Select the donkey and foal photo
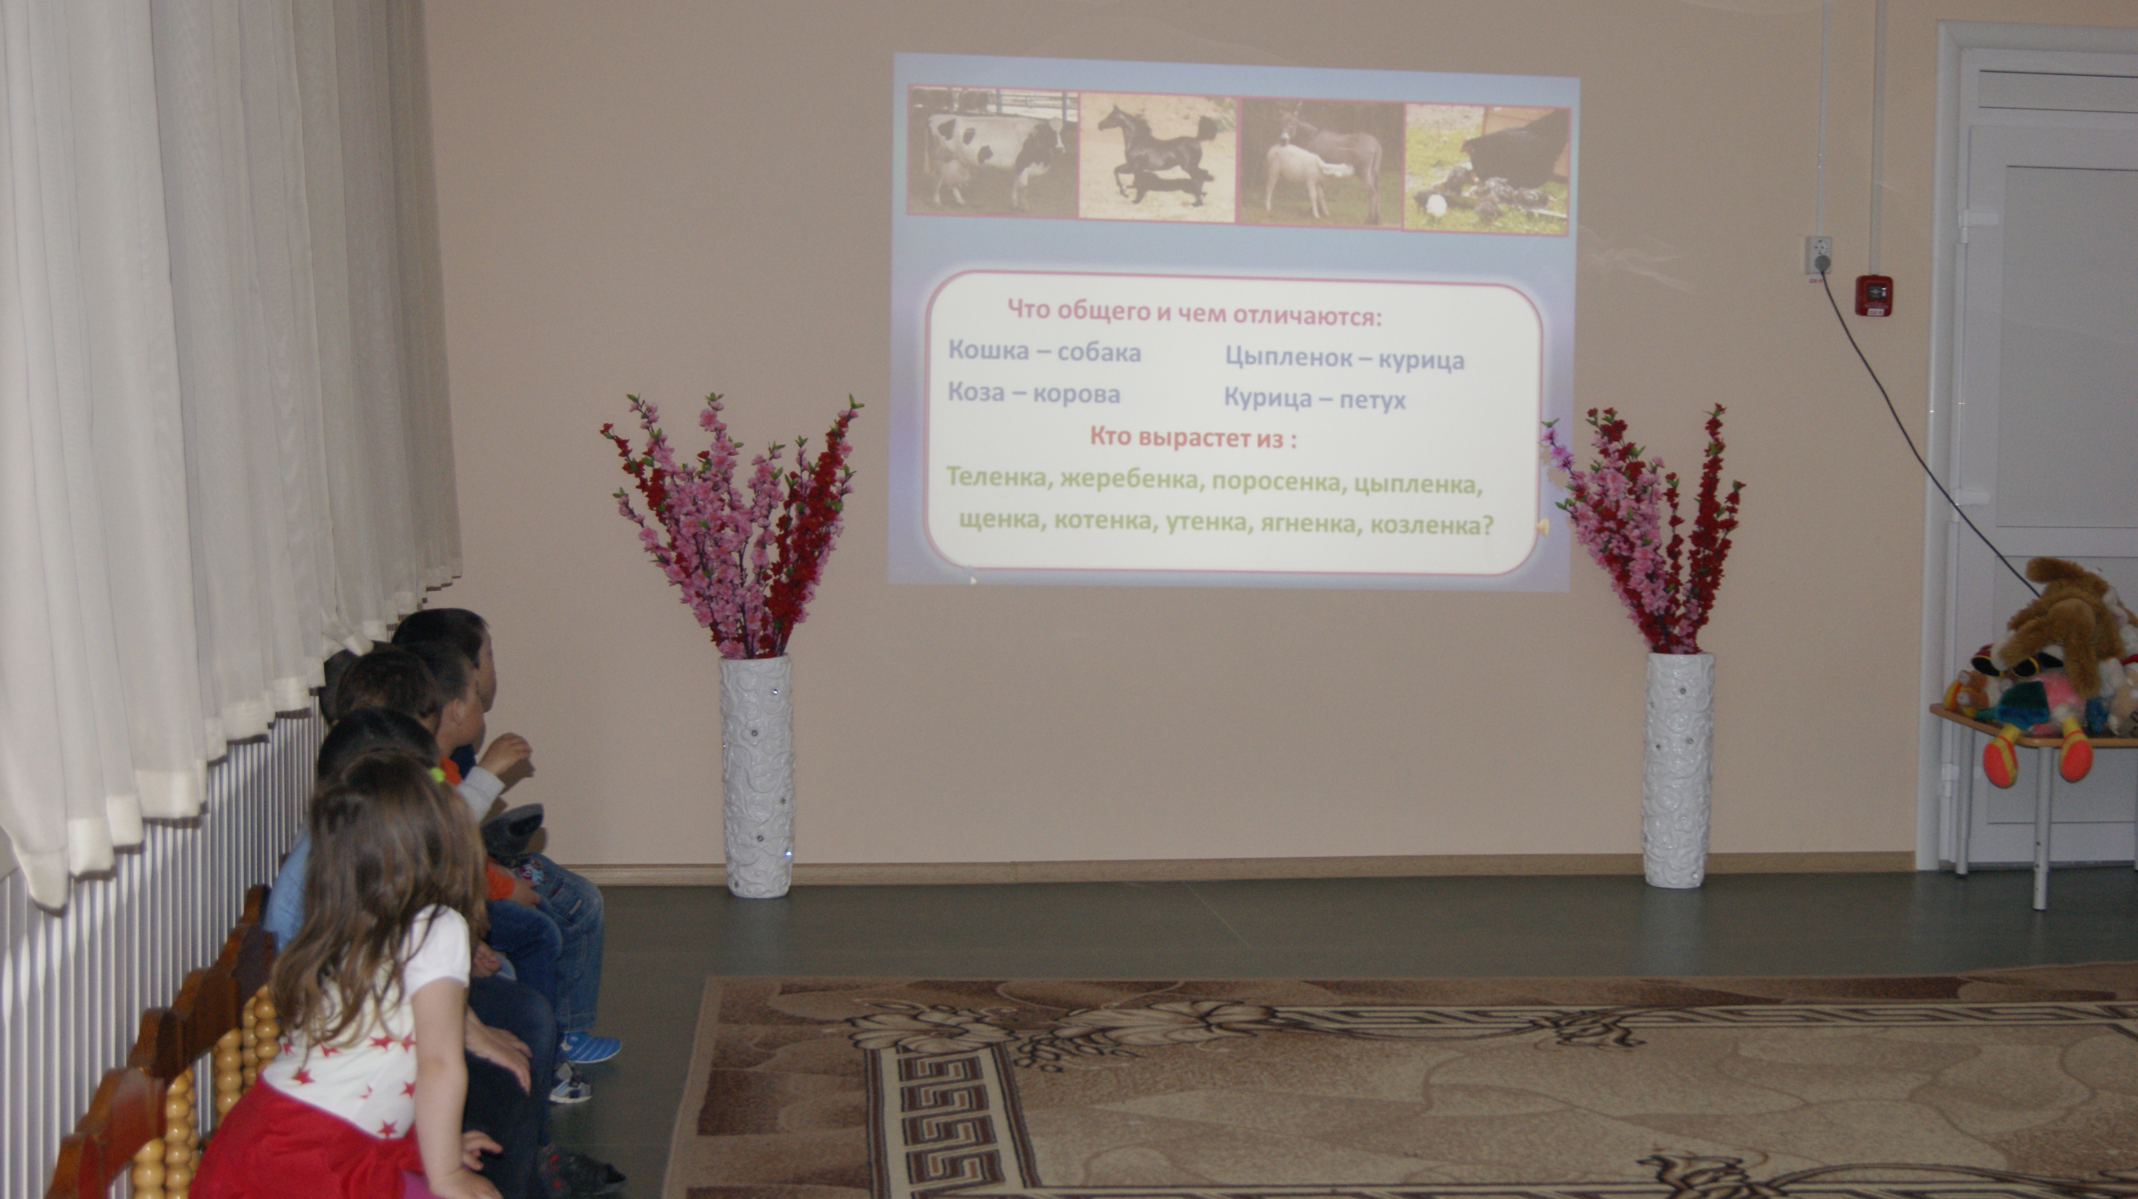pyautogui.click(x=1320, y=161)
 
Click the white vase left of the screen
pyautogui.click(x=756, y=776)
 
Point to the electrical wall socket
pyautogui.click(x=1818, y=254)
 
